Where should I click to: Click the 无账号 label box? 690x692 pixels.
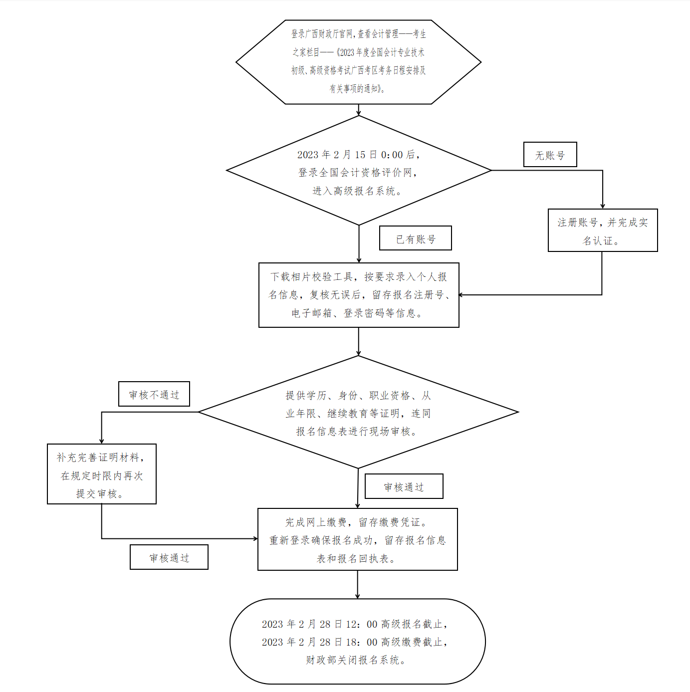(550, 155)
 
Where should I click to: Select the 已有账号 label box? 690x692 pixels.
(415, 238)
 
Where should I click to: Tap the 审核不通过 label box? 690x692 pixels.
(154, 395)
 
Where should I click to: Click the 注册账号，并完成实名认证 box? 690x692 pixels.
(602, 231)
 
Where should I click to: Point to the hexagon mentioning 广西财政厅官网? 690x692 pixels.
(358, 62)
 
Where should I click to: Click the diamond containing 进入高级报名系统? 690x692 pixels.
(358, 171)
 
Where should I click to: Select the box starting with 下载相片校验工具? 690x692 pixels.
(358, 295)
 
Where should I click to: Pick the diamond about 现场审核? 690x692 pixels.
(358, 413)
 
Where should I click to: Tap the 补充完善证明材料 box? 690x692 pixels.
(101, 474)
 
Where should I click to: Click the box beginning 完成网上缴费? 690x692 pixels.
(357, 539)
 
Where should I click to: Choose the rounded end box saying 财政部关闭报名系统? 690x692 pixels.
(357, 642)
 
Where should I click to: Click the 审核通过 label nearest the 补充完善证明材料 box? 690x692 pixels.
(169, 557)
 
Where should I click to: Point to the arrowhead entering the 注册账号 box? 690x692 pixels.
(602, 206)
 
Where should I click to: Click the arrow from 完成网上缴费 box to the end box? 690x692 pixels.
(357, 585)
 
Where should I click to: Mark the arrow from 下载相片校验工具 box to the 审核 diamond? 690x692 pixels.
(358, 342)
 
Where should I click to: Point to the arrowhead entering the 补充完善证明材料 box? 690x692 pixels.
(102, 441)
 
